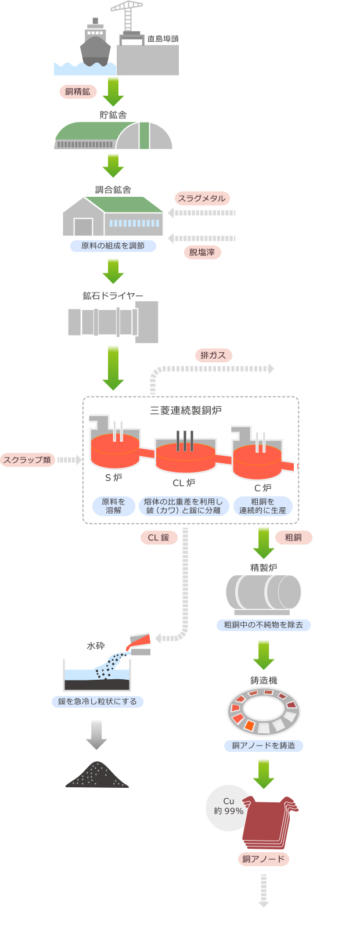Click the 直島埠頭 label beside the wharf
pos(163,39)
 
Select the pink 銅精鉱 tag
pos(78,92)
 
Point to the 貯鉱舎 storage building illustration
pos(113,136)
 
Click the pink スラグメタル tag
pos(201,199)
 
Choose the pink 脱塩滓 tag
pos(202,253)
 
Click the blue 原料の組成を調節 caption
pos(113,246)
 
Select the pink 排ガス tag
pos(213,355)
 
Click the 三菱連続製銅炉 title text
pos(186,410)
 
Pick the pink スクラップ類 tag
pos(27,460)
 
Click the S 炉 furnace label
pos(114,478)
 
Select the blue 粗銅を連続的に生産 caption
pos(263,506)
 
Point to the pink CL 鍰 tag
pos(159,538)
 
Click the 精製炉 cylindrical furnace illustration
pos(264,594)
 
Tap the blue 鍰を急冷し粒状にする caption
pos(98,701)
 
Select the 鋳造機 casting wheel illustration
pos(264,711)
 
